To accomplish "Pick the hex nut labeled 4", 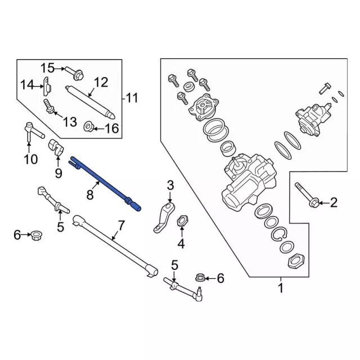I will (x=182, y=222).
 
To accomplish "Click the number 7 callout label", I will (x=120, y=227).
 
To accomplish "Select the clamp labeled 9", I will (x=58, y=148).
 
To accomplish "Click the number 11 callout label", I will (x=131, y=99).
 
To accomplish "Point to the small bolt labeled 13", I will (x=49, y=105).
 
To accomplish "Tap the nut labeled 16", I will (x=88, y=125).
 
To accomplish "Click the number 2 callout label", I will (x=334, y=202).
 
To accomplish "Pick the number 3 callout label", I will (x=170, y=184).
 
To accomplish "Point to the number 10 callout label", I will (x=30, y=160).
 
